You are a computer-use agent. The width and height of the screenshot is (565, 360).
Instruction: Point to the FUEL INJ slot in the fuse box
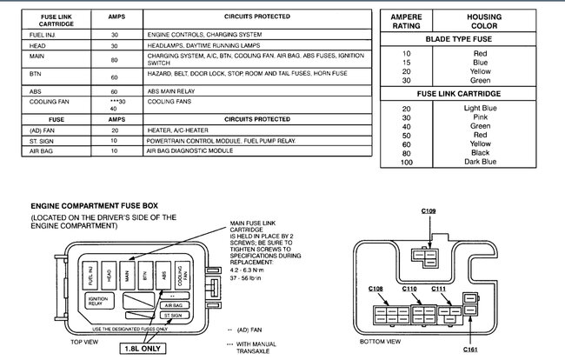click(92, 275)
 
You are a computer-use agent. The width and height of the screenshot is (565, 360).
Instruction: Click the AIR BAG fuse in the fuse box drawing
click(172, 306)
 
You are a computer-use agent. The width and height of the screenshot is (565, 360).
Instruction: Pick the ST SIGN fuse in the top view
click(172, 316)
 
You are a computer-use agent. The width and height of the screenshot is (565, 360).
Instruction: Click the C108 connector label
click(376, 288)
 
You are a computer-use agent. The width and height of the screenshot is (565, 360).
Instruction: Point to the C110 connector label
click(411, 288)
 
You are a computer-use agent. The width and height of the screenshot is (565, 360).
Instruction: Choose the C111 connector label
click(438, 288)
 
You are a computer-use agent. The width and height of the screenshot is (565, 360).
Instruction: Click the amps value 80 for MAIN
click(116, 60)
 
